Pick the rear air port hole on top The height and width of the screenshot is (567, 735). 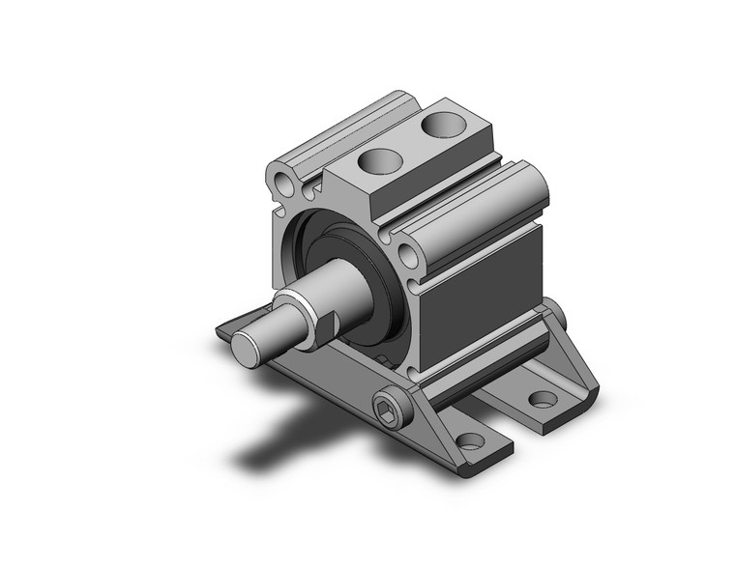coord(443,125)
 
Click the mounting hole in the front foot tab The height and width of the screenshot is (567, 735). coord(470,440)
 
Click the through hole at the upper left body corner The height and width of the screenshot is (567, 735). coord(282,183)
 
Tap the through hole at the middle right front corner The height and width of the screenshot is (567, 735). coord(408,256)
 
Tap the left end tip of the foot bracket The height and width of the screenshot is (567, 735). coord(221,333)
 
